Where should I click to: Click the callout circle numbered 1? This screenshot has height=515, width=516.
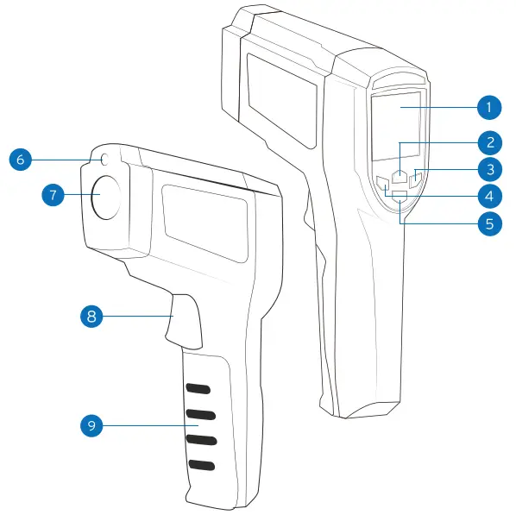(x=488, y=108)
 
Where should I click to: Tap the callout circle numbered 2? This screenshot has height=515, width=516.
(x=488, y=141)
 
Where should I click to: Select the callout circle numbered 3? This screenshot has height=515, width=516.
(x=488, y=168)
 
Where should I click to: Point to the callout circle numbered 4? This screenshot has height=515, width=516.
(x=488, y=195)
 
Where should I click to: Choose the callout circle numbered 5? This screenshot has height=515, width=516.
(x=488, y=222)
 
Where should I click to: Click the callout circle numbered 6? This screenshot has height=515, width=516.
(x=22, y=159)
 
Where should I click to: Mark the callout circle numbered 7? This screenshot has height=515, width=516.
(x=54, y=195)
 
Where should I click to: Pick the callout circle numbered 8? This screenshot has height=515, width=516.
(x=91, y=316)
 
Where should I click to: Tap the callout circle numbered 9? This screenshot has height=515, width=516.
(x=91, y=424)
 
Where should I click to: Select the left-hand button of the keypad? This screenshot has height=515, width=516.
(x=383, y=182)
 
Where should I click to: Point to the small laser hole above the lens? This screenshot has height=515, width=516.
(x=104, y=160)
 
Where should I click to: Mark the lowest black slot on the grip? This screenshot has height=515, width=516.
(x=201, y=466)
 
